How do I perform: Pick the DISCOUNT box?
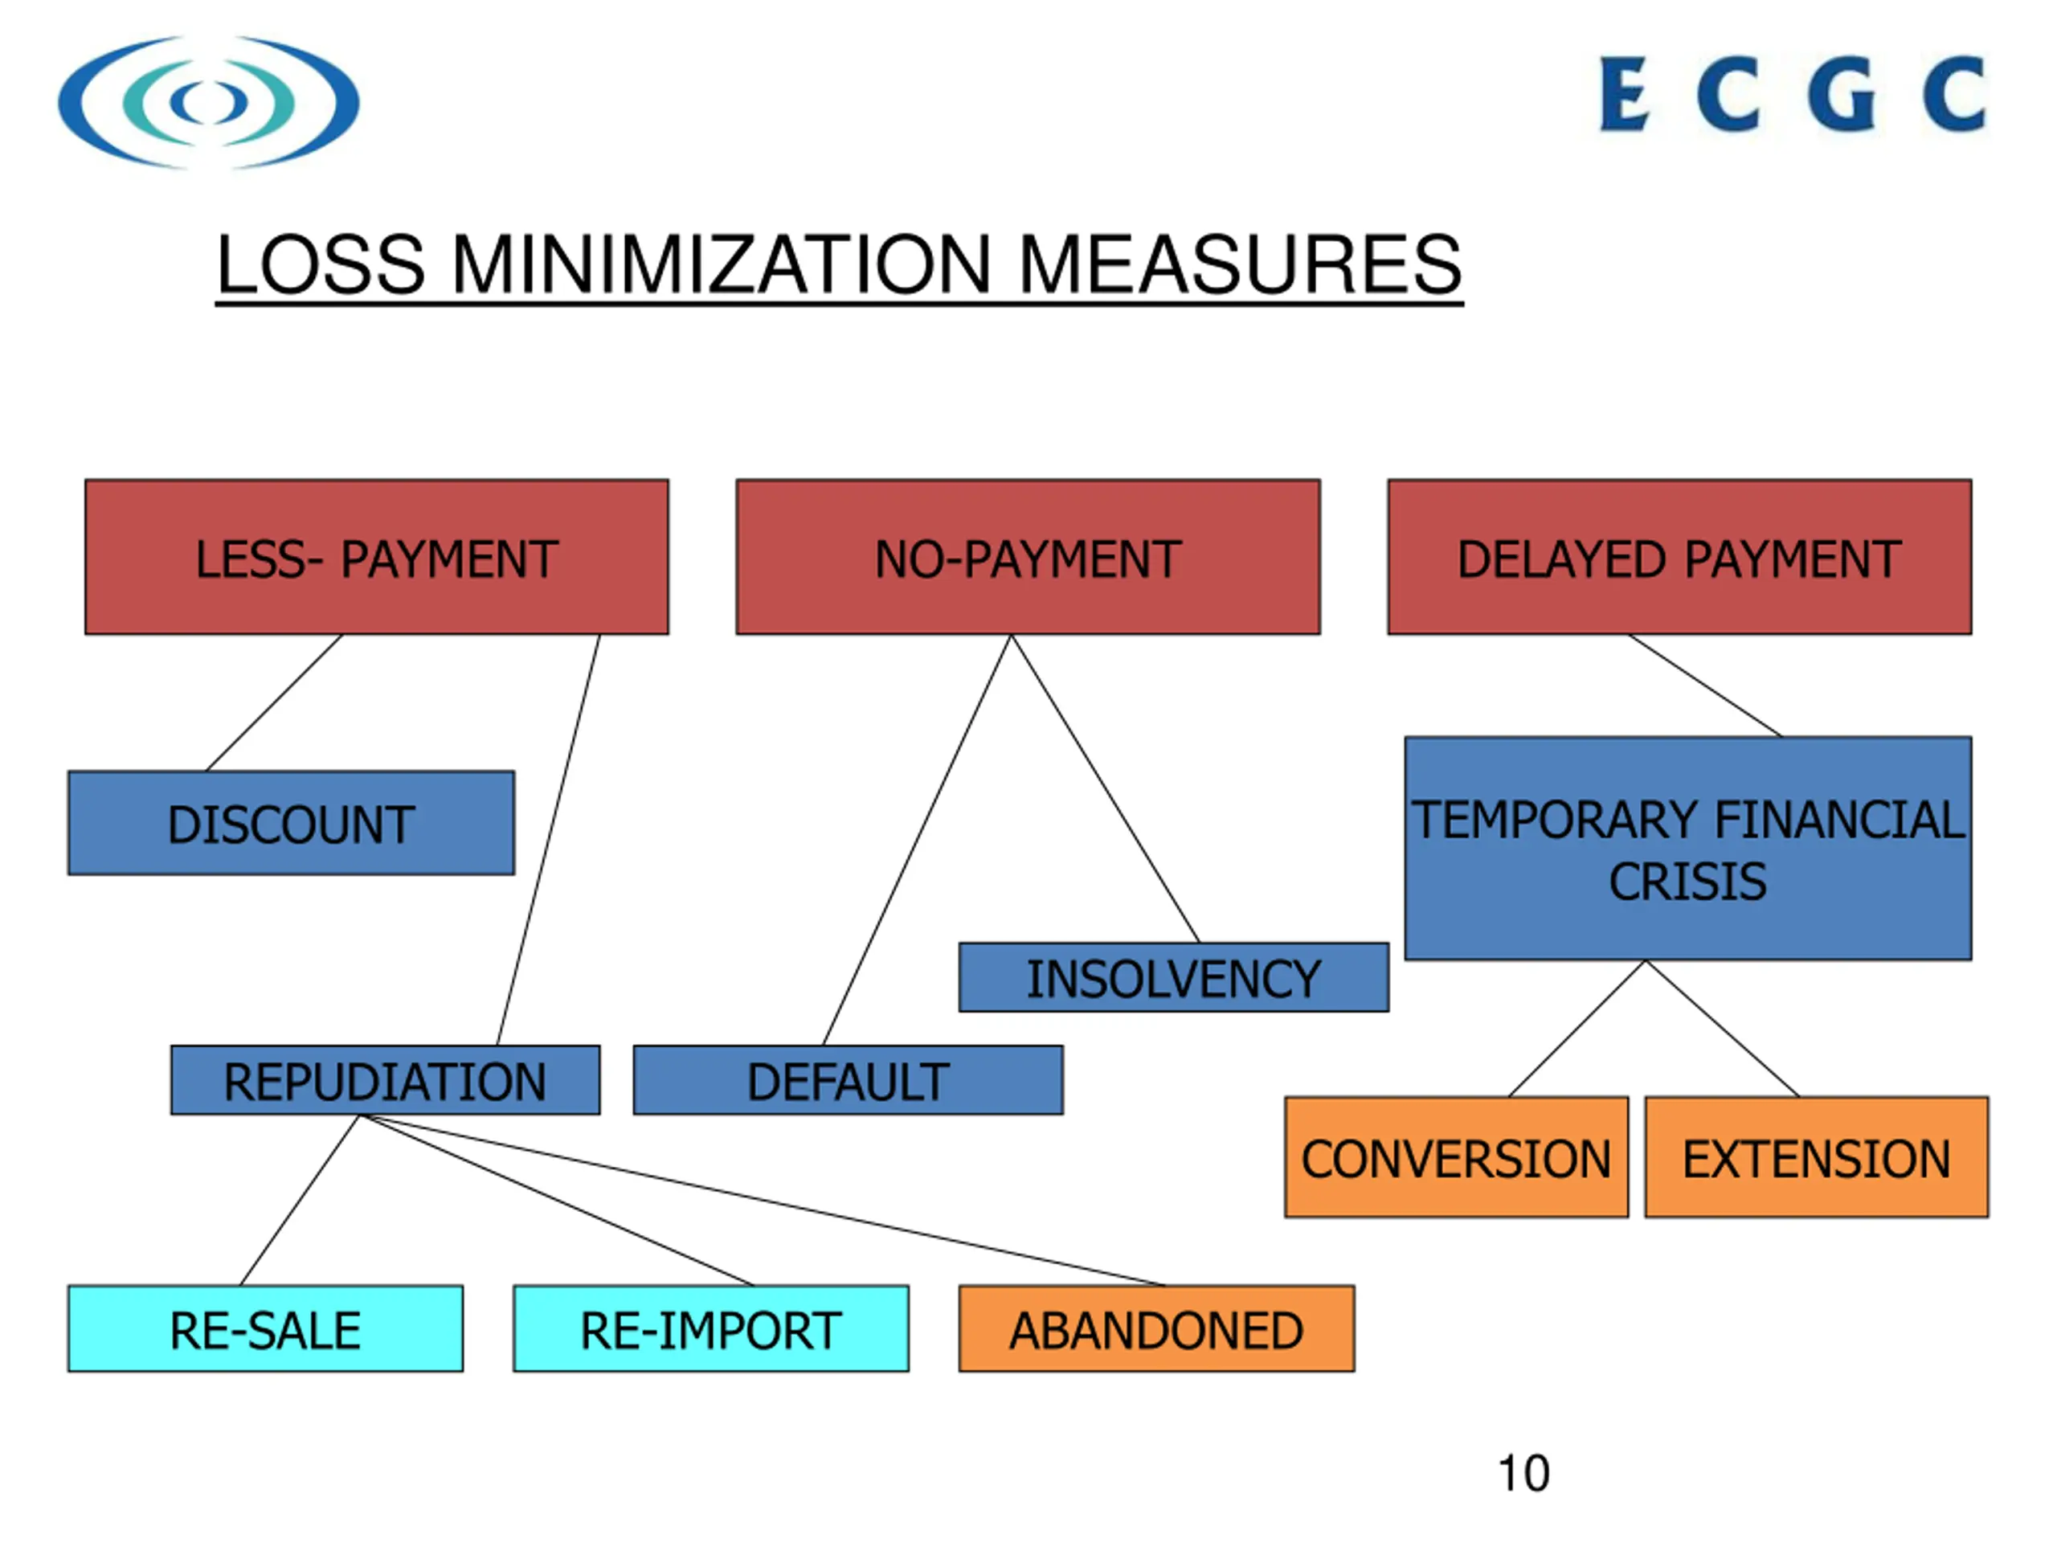pos(290,822)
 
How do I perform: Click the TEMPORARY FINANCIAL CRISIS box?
pos(1687,847)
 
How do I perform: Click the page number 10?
pos(1523,1473)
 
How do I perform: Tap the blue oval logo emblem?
pos(208,102)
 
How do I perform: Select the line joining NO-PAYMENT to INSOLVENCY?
pos(1105,788)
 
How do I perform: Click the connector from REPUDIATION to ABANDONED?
pos(763,1200)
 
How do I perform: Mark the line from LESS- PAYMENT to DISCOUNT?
pos(274,702)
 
